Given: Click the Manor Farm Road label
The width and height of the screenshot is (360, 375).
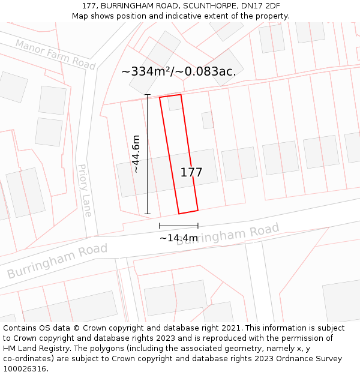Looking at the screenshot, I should [55, 54].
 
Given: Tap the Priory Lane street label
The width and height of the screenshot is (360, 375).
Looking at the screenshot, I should [85, 190].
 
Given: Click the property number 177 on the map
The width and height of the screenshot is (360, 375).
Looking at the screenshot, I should [191, 173].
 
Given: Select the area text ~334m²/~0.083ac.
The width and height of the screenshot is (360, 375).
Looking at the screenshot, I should [179, 71].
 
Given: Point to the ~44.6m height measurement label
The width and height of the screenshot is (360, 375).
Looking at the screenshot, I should [136, 154].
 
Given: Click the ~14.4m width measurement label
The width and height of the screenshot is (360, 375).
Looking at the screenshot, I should [178, 238].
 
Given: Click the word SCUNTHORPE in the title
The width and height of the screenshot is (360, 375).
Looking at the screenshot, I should [202, 6].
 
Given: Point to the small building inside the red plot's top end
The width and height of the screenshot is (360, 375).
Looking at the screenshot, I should [174, 103].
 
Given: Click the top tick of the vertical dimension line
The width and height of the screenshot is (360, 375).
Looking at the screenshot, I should [147, 95].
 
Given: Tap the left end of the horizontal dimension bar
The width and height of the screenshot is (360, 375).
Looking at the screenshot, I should [160, 226].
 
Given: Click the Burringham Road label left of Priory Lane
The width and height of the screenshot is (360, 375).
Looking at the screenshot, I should [57, 262].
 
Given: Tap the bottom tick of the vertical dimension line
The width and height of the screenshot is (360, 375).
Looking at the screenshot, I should [147, 214].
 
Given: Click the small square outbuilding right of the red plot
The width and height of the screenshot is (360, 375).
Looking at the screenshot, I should [208, 120].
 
